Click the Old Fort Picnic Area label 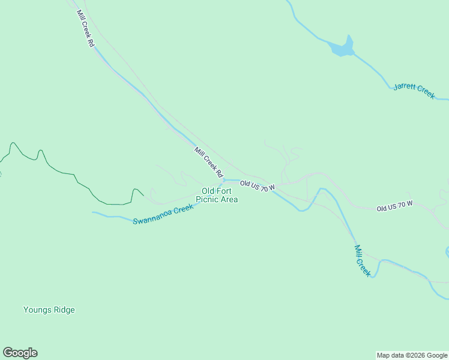220,195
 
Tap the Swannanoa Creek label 163,214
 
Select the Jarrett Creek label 414,91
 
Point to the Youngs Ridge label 49,310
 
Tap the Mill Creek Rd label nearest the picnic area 208,161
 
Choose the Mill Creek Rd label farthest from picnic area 85,28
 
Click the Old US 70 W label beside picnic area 257,186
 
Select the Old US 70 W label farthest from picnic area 394,206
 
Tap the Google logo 20,353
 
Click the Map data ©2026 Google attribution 412,355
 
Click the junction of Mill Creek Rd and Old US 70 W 223,179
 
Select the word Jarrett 405,88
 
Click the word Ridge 64,310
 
